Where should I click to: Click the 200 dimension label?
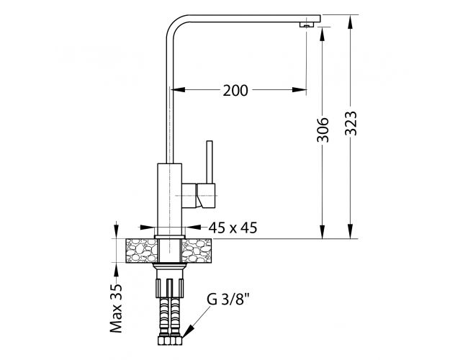coord(235,91)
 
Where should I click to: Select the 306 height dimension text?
coord(323,130)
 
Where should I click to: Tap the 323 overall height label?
coord(351,123)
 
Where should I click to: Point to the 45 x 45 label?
coord(233,228)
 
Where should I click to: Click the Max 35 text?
coord(116,308)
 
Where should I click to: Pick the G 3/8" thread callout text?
coord(228,300)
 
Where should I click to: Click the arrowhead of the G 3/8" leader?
coord(188,332)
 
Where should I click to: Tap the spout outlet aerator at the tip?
coord(306,25)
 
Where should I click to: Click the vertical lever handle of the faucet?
coord(210,161)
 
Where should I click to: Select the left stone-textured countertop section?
coord(142,251)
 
